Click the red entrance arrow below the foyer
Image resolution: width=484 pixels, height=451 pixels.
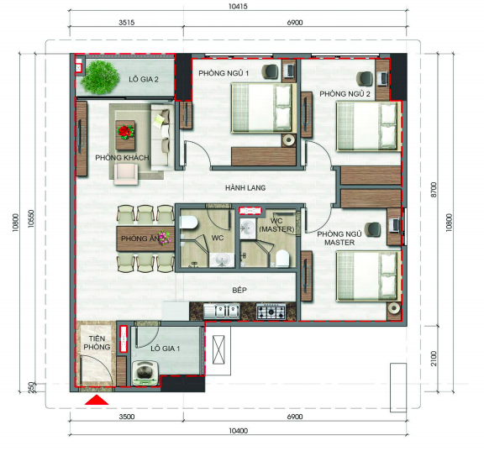[x=97, y=400]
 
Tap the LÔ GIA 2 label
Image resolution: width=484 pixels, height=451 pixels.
[x=144, y=79]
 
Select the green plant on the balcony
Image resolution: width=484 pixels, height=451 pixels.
[x=100, y=77]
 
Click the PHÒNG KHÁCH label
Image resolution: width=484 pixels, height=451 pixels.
[x=122, y=158]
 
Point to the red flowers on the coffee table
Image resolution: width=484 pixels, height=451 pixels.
[x=125, y=132]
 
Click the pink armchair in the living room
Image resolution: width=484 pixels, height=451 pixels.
[x=126, y=174]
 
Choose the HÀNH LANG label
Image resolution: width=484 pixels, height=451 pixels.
[x=245, y=187]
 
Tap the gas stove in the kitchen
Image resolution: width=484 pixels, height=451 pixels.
[x=271, y=312]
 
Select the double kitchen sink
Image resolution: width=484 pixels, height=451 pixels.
[x=221, y=311]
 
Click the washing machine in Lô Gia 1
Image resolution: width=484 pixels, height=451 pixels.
[x=145, y=373]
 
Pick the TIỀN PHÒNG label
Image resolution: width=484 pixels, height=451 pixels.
[x=97, y=343]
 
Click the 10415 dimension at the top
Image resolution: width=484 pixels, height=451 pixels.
[x=238, y=7]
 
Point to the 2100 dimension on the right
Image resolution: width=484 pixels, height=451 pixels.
[x=434, y=359]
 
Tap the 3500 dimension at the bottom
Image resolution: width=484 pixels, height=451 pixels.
[x=127, y=417]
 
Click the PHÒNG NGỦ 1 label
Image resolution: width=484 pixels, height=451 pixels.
[x=224, y=73]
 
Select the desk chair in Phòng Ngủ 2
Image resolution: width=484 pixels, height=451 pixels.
[x=365, y=78]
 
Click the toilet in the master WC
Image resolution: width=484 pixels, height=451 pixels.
[x=282, y=258]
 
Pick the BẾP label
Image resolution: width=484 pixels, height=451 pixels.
[x=239, y=290]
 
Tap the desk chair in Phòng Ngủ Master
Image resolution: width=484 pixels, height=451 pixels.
[x=372, y=230]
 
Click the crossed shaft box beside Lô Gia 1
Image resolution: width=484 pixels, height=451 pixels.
[x=218, y=350]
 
